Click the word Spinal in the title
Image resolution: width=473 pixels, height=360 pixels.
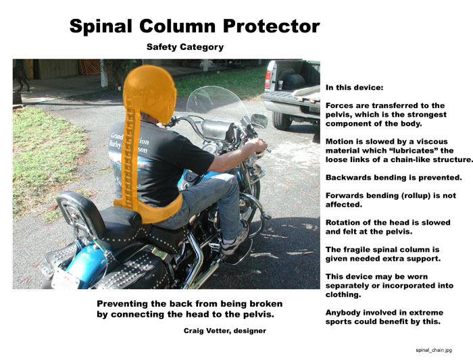[101, 26]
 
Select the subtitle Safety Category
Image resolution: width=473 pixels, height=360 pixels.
[185, 47]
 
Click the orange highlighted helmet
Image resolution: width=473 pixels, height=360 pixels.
[150, 93]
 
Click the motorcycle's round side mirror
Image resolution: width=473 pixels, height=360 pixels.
[259, 120]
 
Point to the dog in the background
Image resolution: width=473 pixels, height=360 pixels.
[22, 77]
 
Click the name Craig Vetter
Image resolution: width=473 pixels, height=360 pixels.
[207, 331]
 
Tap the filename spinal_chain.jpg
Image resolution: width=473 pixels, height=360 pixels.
[434, 350]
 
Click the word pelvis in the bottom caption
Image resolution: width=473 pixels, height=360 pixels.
[259, 315]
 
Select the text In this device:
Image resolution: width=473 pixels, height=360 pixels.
[355, 88]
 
